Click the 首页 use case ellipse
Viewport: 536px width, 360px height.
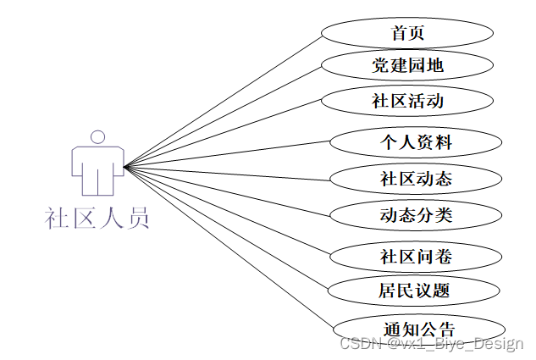pyautogui.click(x=407, y=33)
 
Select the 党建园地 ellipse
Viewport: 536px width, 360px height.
pyautogui.click(x=407, y=65)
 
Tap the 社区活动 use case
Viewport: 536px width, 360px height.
pyautogui.click(x=407, y=101)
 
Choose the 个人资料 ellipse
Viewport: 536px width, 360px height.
pyautogui.click(x=416, y=142)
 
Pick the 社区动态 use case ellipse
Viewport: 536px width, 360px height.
pyautogui.click(x=416, y=179)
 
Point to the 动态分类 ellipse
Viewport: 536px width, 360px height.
pyautogui.click(x=416, y=214)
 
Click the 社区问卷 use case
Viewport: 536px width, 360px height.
pyautogui.click(x=416, y=255)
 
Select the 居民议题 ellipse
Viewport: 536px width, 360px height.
pyautogui.click(x=414, y=291)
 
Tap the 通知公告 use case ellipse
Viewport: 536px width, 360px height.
pyautogui.click(x=419, y=330)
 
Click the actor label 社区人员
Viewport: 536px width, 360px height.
pyautogui.click(x=98, y=219)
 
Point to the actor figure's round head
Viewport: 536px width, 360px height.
pyautogui.click(x=98, y=136)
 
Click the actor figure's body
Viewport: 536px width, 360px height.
pyautogui.click(x=98, y=165)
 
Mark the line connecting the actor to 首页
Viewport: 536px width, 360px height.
pyautogui.click(x=222, y=101)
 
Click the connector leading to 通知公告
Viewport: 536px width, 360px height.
pyautogui.click(x=229, y=247)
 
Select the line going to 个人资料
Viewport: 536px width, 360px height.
pyautogui.click(x=229, y=153)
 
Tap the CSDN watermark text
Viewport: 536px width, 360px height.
pyautogui.click(x=431, y=344)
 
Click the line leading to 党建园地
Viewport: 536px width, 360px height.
pyautogui.click(x=222, y=116)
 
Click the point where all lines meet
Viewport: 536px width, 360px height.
pyautogui.click(x=124, y=167)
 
